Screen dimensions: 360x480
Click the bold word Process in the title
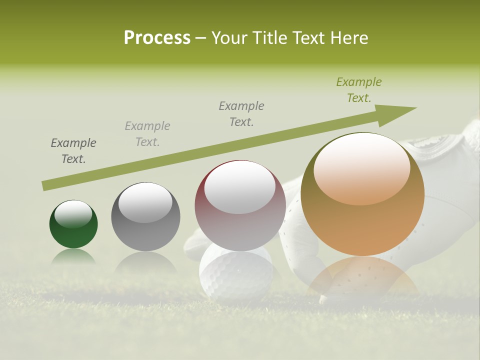[x=157, y=38]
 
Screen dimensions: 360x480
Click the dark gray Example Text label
[x=73, y=151]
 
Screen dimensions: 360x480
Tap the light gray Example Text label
[x=147, y=134]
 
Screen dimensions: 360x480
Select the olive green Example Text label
[x=359, y=90]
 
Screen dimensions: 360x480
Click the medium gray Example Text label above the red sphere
[x=241, y=113]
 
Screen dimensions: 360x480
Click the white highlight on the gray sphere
[x=145, y=202]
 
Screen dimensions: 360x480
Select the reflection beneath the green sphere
[x=73, y=257]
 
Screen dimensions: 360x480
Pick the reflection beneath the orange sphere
[x=362, y=277]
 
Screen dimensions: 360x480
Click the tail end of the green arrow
[x=46, y=185]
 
